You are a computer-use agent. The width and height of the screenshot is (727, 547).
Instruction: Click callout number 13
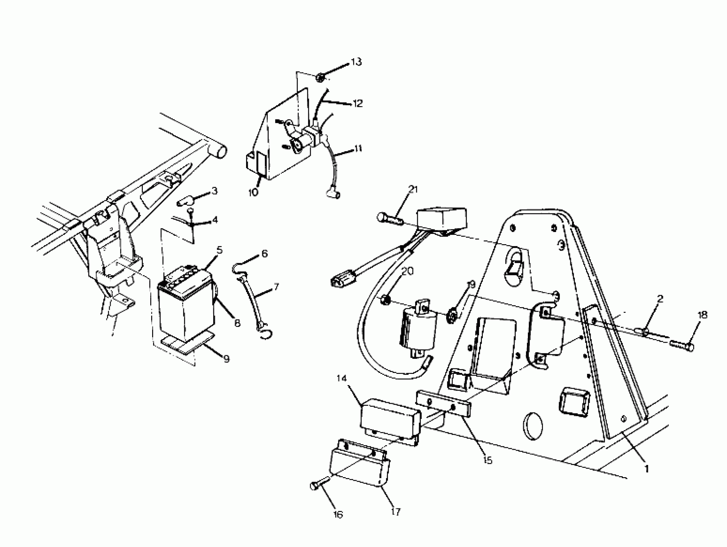click(x=356, y=62)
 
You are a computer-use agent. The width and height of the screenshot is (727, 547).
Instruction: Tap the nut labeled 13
click(x=320, y=78)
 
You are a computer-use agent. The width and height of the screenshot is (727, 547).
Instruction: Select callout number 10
click(x=253, y=192)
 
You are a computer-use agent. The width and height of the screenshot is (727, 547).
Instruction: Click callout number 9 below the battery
click(x=226, y=359)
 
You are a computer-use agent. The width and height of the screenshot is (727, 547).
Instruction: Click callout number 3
click(x=214, y=191)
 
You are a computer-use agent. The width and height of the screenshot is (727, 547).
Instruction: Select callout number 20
click(x=408, y=271)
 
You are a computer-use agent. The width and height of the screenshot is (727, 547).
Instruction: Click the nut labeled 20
click(x=386, y=300)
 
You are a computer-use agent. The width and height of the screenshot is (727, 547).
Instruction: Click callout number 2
click(x=660, y=299)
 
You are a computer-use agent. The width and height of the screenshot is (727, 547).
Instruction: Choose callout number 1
click(x=646, y=469)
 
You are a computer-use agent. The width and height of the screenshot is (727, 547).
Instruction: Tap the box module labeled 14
click(x=390, y=422)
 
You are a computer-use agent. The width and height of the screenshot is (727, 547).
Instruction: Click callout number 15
click(x=488, y=460)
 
